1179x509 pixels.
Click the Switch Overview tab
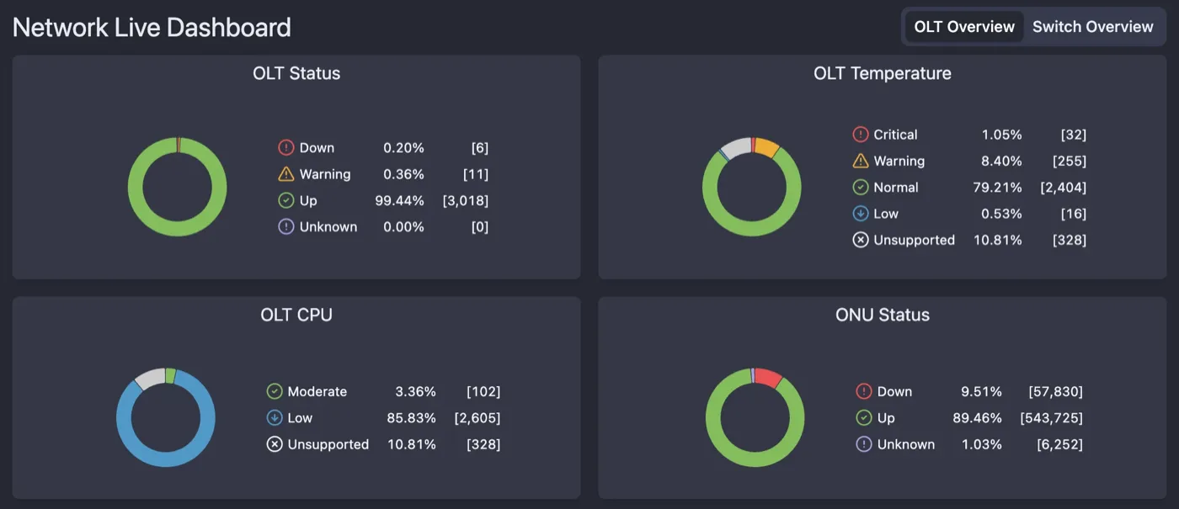pyautogui.click(x=1092, y=27)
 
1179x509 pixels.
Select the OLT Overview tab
pyautogui.click(x=964, y=27)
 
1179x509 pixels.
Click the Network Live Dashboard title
pyautogui.click(x=152, y=27)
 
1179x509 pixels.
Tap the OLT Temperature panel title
pyautogui.click(x=882, y=73)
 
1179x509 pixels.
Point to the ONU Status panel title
pyautogui.click(x=882, y=315)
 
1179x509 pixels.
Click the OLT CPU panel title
pyautogui.click(x=296, y=315)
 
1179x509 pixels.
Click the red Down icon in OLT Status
pyautogui.click(x=285, y=148)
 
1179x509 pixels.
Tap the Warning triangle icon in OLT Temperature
pyautogui.click(x=860, y=161)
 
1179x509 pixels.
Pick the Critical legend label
pyautogui.click(x=895, y=135)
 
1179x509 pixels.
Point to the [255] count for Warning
pyautogui.click(x=1069, y=161)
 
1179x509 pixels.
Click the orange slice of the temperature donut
pyautogui.click(x=766, y=147)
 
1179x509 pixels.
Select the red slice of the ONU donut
pyautogui.click(x=767, y=378)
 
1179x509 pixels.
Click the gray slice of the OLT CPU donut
pyautogui.click(x=150, y=379)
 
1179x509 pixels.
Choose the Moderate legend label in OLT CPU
pyautogui.click(x=317, y=391)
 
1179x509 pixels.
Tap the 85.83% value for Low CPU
pyautogui.click(x=415, y=418)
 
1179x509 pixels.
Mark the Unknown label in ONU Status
pyautogui.click(x=905, y=444)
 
